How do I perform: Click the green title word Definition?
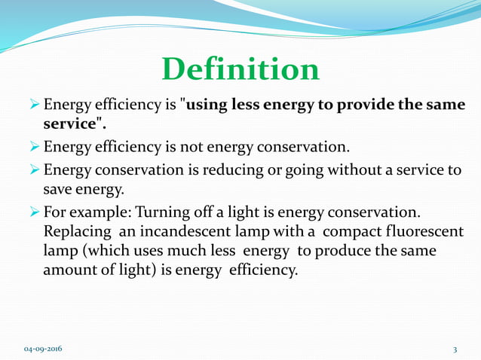240,69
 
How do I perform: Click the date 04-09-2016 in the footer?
44,349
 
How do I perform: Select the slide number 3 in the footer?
455,349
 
